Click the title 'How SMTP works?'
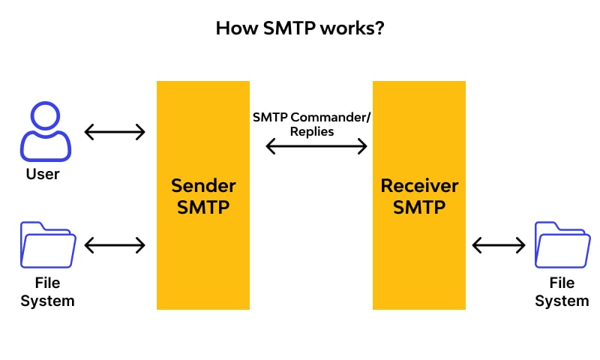(300, 28)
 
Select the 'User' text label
(42, 174)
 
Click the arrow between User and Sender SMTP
(115, 133)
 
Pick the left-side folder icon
(48, 245)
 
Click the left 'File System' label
(47, 292)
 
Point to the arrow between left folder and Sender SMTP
(115, 244)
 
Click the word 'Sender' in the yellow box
(203, 185)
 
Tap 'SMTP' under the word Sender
(203, 207)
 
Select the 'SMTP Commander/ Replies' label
(312, 124)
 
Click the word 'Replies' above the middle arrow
(312, 130)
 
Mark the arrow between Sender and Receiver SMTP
(316, 147)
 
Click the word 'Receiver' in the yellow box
(419, 185)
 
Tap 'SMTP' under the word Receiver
(419, 207)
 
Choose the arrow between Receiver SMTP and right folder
(499, 244)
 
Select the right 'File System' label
(562, 292)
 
